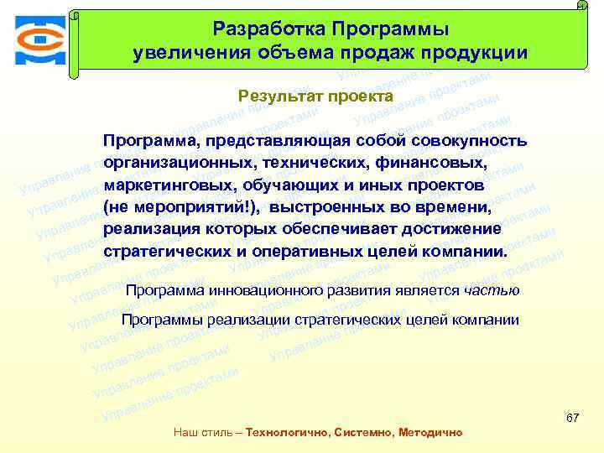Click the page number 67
(573, 418)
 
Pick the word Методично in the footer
(430, 433)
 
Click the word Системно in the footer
(362, 433)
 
